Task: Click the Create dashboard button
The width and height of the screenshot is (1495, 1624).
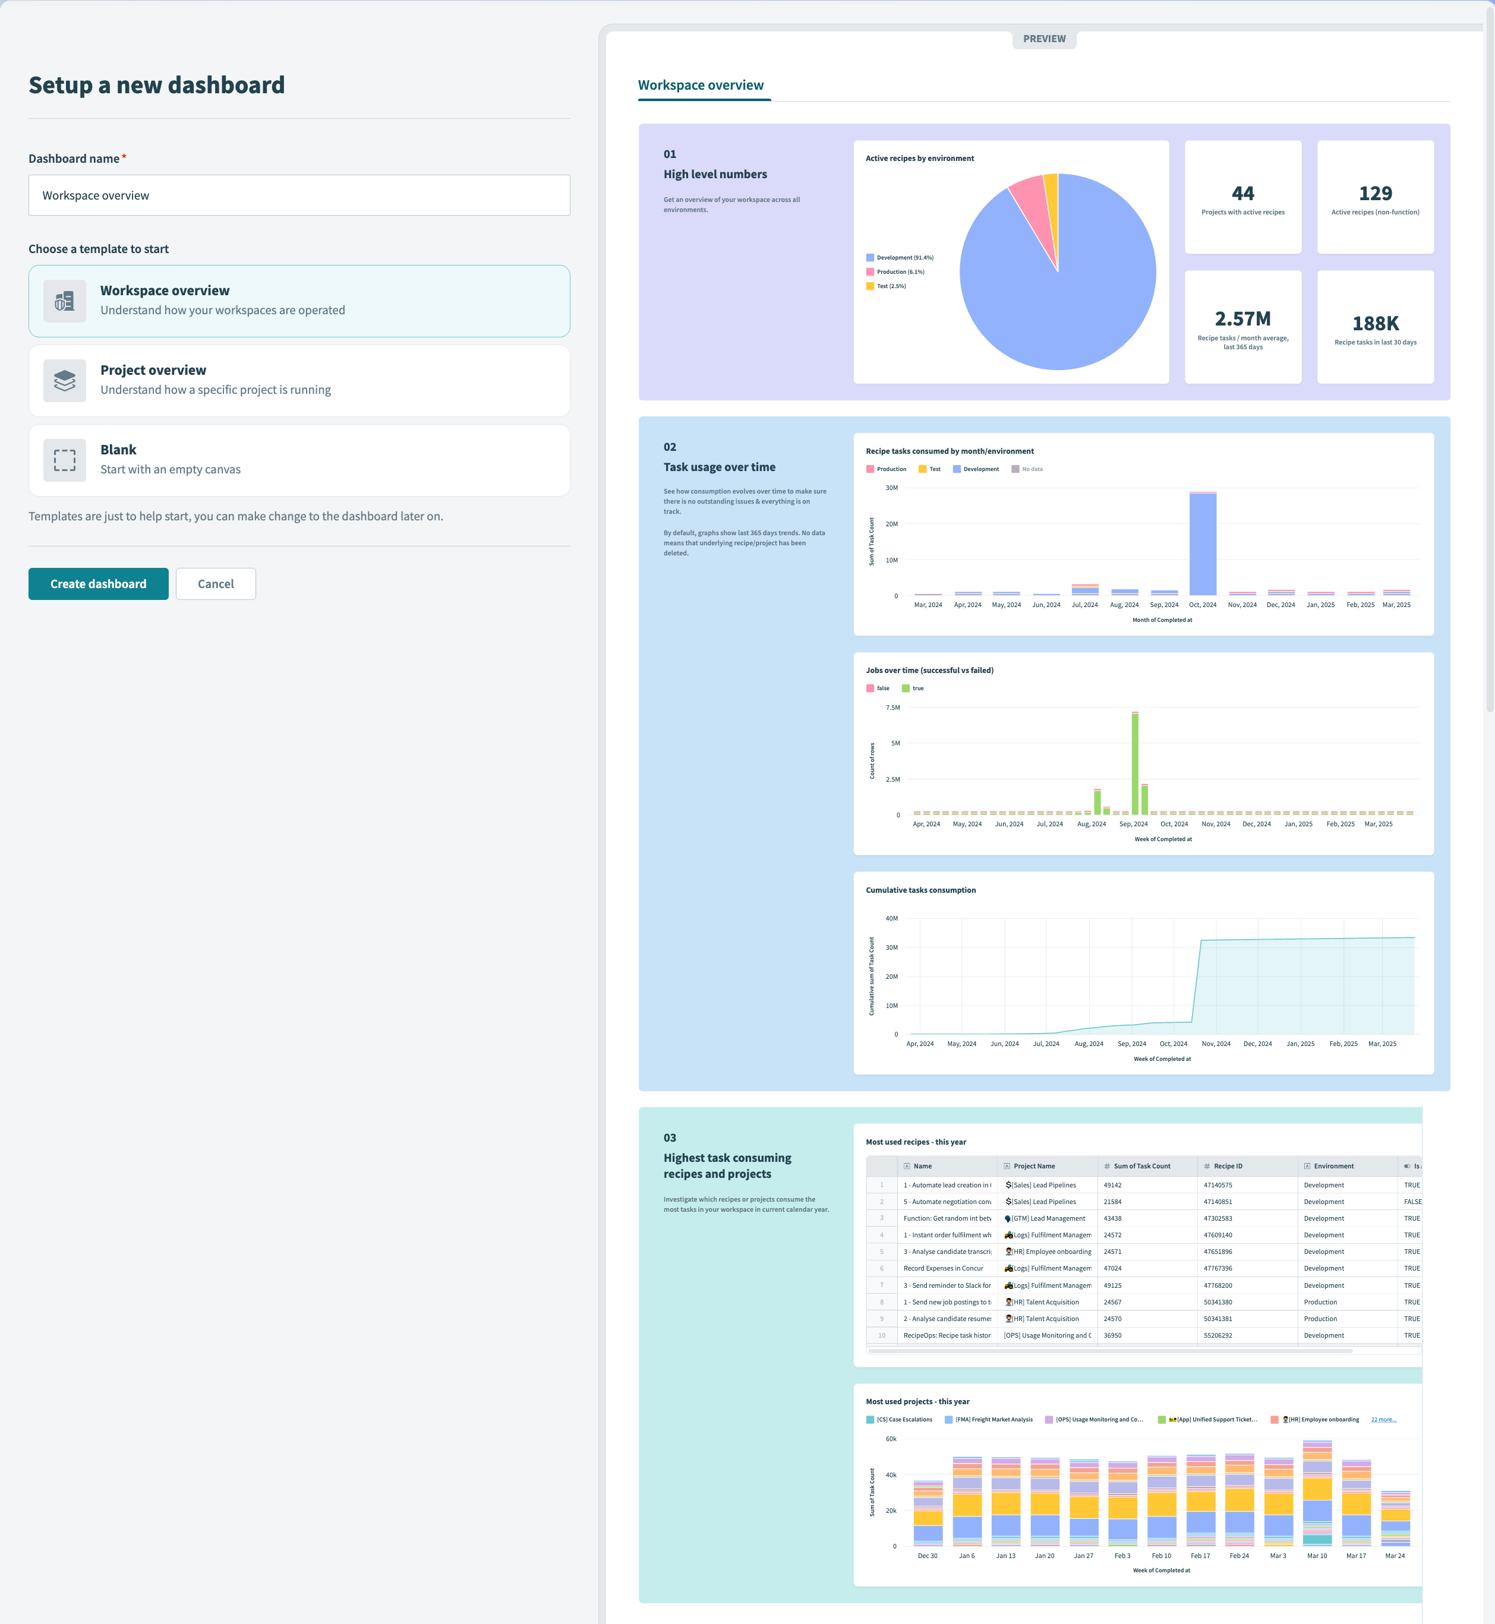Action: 98,584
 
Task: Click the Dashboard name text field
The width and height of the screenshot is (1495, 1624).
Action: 298,195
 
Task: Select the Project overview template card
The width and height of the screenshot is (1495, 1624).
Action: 298,380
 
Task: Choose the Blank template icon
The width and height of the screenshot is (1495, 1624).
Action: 65,460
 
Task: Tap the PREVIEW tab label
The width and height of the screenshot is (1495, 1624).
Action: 1043,39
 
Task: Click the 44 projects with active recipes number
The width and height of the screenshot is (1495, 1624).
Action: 1242,193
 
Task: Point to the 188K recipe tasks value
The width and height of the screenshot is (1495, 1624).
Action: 1376,324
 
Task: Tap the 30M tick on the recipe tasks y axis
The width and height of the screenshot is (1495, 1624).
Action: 891,488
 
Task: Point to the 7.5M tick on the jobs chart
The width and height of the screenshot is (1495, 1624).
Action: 892,707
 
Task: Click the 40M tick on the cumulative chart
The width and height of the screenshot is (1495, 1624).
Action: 891,918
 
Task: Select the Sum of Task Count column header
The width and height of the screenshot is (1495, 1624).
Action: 1141,1166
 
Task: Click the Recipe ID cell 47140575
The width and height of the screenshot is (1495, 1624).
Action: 1218,1185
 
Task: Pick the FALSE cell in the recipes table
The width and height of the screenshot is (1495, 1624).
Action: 1412,1202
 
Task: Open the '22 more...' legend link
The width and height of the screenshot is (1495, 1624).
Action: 1383,1420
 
